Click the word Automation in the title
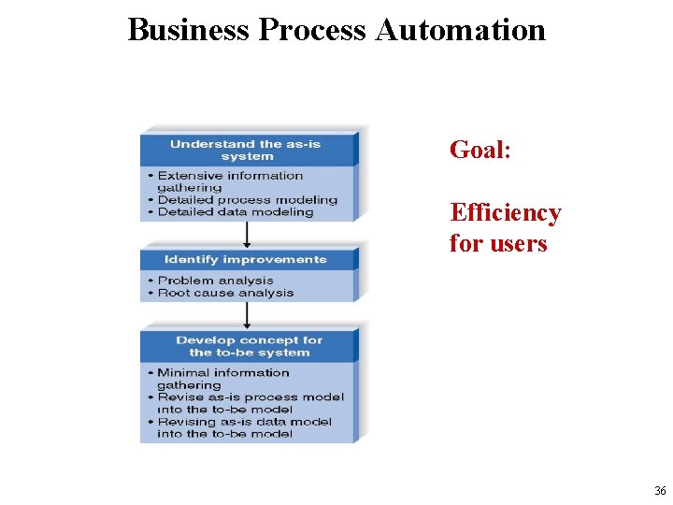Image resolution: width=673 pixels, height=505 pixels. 460,30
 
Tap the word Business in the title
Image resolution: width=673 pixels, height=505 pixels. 189,30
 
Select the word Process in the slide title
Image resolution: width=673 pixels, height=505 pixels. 313,30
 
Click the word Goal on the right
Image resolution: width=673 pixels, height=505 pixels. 477,150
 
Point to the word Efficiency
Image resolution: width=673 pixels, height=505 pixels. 506,213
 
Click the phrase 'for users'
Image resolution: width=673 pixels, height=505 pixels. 497,244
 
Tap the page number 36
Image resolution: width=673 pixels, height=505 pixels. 660,491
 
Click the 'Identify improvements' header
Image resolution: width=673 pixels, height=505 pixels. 246,259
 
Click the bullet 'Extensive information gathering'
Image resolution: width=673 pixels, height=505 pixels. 229,181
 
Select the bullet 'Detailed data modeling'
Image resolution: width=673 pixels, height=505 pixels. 235,212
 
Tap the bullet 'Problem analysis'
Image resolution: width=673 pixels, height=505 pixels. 215,281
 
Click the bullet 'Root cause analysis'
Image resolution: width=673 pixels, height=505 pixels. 225,293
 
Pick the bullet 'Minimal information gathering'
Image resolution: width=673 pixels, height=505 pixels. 222,379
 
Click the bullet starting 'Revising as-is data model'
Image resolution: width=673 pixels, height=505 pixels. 244,427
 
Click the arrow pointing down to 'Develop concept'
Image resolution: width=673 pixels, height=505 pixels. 247,315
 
